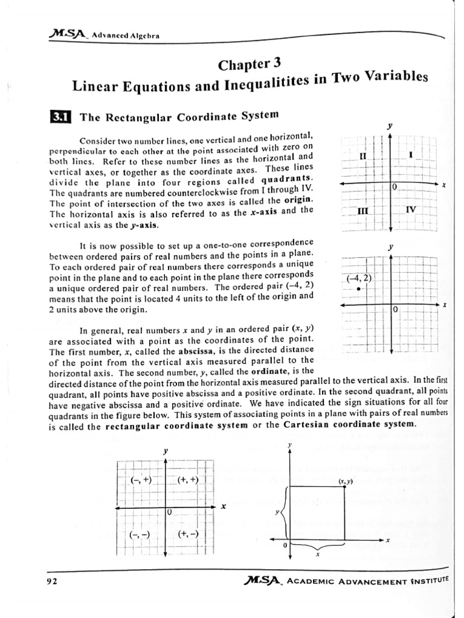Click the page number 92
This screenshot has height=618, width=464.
51,582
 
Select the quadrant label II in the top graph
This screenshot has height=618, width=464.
362,156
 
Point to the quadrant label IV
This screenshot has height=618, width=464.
411,209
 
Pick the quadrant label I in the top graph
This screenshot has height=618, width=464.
411,155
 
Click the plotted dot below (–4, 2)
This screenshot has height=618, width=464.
359,289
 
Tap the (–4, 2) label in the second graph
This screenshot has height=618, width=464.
359,278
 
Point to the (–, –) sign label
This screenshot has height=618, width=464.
140,534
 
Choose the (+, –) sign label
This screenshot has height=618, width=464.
188,534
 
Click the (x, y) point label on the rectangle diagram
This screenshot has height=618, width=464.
346,481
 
